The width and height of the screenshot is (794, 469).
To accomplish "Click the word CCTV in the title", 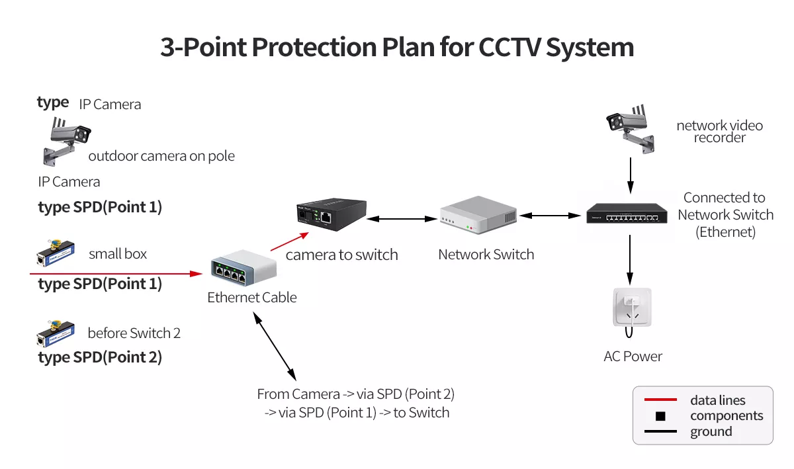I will point(511,48).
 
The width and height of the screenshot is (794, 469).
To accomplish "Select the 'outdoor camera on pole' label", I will point(161,156).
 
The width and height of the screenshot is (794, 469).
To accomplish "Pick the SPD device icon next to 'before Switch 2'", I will point(55,333).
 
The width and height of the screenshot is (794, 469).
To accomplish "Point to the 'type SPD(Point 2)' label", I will point(100,357).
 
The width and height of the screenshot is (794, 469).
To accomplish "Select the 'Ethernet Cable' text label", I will point(252,298).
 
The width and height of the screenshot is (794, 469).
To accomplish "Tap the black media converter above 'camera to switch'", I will point(330,214).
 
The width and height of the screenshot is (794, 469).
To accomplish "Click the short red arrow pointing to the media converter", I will point(290,241).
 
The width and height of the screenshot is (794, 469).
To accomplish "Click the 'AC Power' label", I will point(633,357).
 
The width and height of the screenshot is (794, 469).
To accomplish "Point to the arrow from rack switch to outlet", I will point(630,257).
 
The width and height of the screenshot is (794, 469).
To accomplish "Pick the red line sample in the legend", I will point(655,400).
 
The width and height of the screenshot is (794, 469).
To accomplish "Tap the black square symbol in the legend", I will point(660,417).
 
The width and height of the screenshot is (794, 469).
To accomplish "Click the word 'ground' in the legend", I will point(711,432).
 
